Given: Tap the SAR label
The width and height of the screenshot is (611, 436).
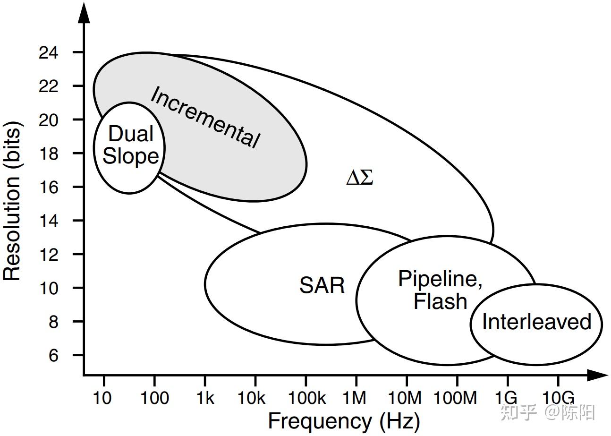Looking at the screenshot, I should (x=322, y=285).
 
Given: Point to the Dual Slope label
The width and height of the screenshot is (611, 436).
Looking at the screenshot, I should (x=130, y=145).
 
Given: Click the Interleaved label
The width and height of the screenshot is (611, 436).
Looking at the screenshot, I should (x=536, y=322).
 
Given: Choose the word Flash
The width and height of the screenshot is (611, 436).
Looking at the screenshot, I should (x=440, y=301).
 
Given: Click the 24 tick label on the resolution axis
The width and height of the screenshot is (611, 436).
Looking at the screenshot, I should (x=49, y=52).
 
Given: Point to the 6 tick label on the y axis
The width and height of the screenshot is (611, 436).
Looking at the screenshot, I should (x=54, y=355).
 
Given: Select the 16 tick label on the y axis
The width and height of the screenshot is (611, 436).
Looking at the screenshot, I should (x=49, y=187).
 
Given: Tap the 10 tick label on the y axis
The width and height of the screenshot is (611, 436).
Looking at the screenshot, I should (x=49, y=288).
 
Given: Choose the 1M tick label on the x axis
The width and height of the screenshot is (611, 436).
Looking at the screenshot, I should (x=355, y=398).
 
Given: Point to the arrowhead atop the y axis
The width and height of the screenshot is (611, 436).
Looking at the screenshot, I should (x=84, y=13).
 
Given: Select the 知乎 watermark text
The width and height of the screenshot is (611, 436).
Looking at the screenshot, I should (x=518, y=413).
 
